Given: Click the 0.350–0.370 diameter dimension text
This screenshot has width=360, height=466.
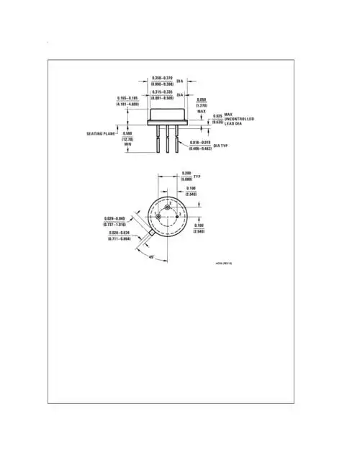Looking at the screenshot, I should (162, 78).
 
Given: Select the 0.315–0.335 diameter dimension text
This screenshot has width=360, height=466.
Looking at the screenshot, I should (162, 92).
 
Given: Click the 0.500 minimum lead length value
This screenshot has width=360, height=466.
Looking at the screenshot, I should (127, 133).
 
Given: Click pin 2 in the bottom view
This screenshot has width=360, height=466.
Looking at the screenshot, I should (168, 208).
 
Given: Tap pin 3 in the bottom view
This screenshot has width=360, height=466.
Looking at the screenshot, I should (177, 217).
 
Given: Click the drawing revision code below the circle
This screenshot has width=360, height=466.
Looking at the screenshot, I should (224, 264).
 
